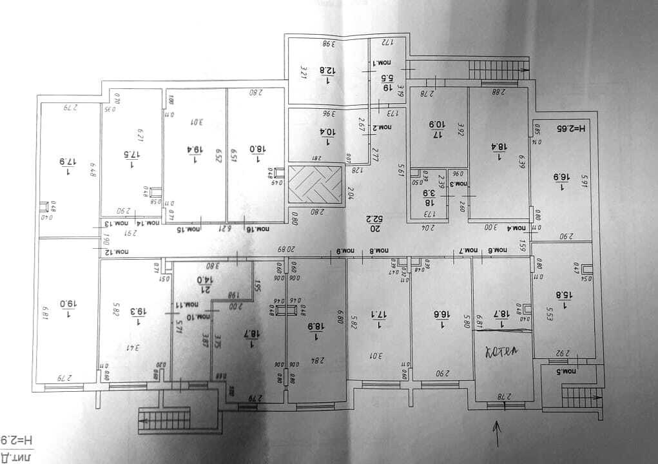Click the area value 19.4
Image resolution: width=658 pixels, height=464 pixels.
pyautogui.click(x=195, y=150)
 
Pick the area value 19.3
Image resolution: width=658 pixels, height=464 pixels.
pyautogui.click(x=137, y=311)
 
